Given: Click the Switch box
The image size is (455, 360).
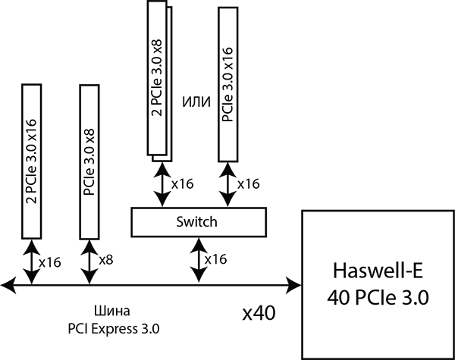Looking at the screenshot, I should pos(198,222).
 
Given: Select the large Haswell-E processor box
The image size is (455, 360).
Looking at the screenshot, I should pos(378,285).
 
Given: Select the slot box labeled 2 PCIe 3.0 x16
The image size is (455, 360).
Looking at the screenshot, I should pos(31,161).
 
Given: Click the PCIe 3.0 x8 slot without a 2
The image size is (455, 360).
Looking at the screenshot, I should pos(89,161).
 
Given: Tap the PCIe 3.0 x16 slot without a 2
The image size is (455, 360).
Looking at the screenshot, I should pos(227,84).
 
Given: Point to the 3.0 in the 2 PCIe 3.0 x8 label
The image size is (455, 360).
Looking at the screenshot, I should pos(157,66).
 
